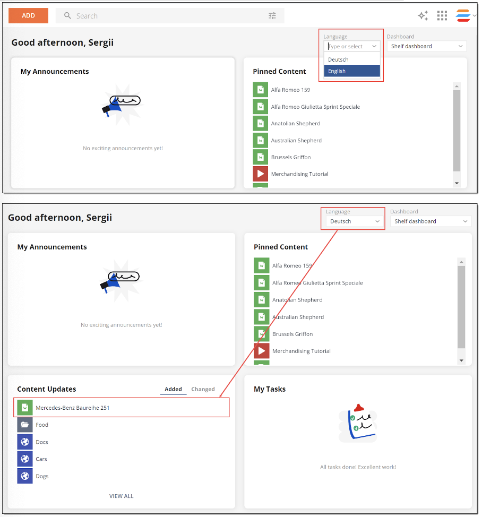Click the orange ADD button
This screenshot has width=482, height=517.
28,15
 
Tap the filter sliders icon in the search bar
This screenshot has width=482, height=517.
272,16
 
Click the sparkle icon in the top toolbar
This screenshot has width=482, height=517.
423,16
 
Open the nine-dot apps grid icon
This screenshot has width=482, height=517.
442,16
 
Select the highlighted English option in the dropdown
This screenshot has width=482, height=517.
352,71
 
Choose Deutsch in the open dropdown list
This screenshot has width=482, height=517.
352,59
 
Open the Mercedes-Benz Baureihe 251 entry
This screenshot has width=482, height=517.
73,408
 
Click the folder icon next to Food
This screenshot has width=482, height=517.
25,425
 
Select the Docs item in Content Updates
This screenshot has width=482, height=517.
42,442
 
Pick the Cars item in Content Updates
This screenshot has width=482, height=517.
41,459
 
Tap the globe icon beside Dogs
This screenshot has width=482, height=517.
25,476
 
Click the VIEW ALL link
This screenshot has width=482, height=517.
121,496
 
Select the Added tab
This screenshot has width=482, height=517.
173,389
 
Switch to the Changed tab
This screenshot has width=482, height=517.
203,389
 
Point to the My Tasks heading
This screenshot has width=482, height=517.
270,389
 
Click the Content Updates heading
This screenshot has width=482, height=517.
47,389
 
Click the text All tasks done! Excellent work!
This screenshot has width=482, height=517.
358,467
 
